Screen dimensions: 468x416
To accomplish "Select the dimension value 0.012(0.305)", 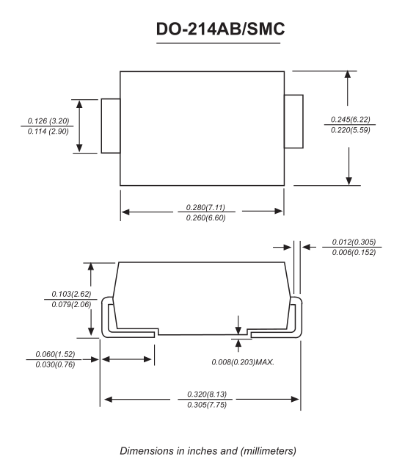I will tap(351, 242).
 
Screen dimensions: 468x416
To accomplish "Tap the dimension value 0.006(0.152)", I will tap(351, 253).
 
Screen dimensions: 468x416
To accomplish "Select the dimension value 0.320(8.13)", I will tap(202, 395).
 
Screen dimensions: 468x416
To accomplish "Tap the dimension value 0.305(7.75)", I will tap(202, 406).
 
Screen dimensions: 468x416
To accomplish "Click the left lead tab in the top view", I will tap(111, 126).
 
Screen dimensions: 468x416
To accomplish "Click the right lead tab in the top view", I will tap(293, 121).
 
